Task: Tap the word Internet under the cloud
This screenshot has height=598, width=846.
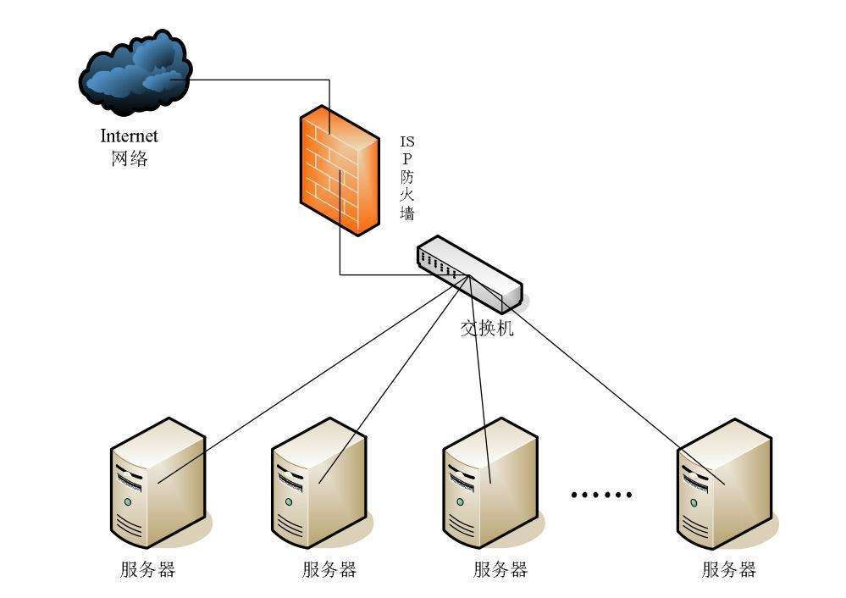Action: tap(129, 136)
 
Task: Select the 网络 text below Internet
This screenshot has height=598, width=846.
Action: tap(129, 158)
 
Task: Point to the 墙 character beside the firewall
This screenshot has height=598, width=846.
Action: tap(407, 213)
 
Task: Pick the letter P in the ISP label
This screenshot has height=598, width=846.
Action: tap(407, 158)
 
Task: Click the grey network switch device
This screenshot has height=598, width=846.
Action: tap(468, 271)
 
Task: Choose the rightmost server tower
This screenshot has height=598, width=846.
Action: tap(723, 483)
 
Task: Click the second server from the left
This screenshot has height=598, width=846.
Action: tap(318, 487)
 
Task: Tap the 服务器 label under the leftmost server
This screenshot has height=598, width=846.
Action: tap(147, 569)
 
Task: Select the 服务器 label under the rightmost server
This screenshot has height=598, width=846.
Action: tap(728, 569)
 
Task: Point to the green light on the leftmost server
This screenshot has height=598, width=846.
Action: tap(127, 502)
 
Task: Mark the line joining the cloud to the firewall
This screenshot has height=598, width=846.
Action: tap(254, 81)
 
